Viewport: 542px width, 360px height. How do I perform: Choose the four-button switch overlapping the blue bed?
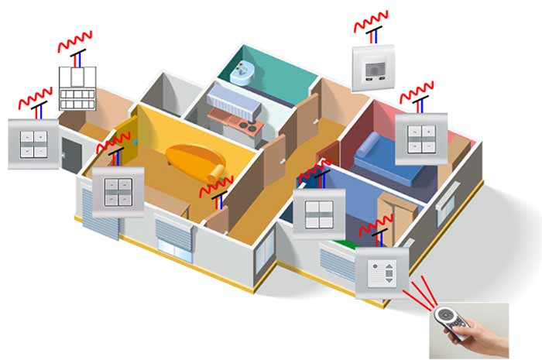click(420, 138)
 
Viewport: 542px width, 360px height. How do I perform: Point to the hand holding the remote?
click(484, 334)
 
